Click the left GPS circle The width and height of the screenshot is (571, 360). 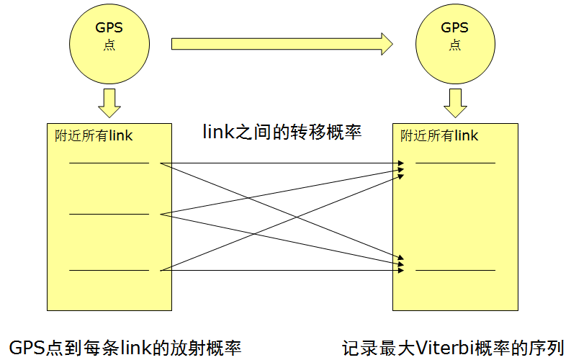tap(109, 44)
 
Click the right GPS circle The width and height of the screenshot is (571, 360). tap(455, 44)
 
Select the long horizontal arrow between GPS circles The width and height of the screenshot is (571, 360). tap(282, 44)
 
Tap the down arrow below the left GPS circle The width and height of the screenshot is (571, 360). tap(109, 103)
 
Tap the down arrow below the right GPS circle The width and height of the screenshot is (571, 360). tap(455, 103)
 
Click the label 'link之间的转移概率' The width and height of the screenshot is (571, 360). tap(282, 132)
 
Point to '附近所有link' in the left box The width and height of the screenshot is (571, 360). tap(94, 136)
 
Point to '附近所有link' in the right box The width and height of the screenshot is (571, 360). tap(439, 136)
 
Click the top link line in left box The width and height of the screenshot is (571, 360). tap(109, 163)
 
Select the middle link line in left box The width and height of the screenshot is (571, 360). tap(109, 214)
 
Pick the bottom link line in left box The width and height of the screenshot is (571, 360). tap(109, 270)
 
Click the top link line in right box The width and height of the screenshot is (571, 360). tap(455, 163)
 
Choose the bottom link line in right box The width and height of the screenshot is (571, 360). tap(455, 270)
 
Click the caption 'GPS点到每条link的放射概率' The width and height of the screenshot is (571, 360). tap(125, 348)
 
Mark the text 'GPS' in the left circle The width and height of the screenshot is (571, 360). tap(109, 27)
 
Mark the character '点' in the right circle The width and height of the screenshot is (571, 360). tap(455, 45)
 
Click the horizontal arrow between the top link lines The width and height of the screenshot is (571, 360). tap(282, 163)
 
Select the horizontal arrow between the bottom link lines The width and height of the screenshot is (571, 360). tap(282, 270)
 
